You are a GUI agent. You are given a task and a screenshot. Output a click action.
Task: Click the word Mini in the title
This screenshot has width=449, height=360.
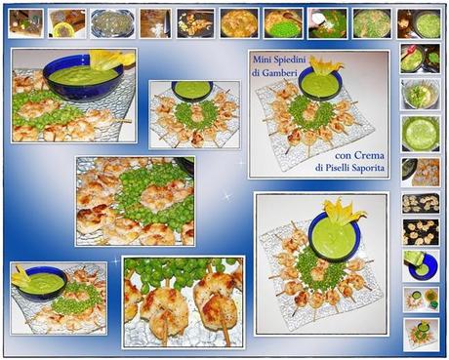tap(260, 60)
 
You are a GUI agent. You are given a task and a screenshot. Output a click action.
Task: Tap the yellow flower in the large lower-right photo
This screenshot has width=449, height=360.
tap(344, 211)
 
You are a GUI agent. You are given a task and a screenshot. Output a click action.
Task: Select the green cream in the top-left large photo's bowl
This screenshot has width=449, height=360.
tap(84, 74)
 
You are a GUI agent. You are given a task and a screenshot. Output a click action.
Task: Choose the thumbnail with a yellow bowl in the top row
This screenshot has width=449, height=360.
tap(67, 23)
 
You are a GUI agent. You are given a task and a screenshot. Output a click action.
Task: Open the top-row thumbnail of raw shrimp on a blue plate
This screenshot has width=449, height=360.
tap(112, 23)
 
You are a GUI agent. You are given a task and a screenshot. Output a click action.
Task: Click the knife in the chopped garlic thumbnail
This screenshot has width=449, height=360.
tap(167, 23)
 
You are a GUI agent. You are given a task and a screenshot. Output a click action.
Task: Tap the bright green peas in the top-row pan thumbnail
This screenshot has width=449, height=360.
tap(283, 30)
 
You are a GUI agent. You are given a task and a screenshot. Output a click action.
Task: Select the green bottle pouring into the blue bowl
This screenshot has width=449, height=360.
tap(413, 260)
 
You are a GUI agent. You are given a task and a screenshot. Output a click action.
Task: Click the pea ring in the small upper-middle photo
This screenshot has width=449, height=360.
tap(194, 115)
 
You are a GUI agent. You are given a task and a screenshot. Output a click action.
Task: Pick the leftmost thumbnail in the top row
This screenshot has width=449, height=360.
tap(25, 23)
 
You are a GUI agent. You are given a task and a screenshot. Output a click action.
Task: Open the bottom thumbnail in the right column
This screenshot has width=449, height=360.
tap(421, 335)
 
